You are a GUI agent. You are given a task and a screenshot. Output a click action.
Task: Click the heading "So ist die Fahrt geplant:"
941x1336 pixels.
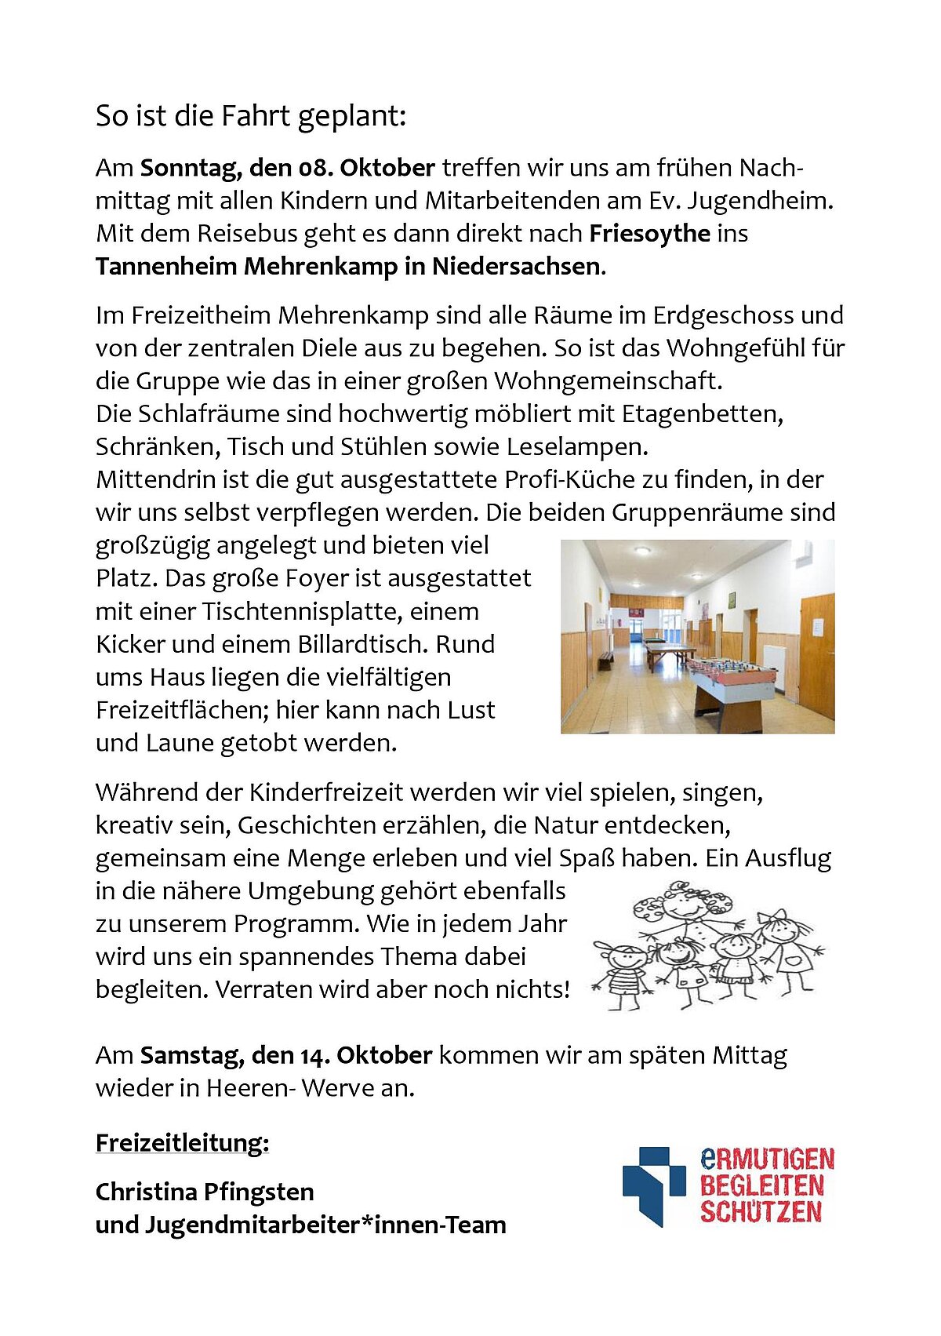(x=251, y=116)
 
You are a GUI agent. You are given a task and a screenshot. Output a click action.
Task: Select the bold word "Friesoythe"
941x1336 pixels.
(x=649, y=234)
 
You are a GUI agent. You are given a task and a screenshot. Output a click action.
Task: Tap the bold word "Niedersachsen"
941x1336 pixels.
(x=515, y=267)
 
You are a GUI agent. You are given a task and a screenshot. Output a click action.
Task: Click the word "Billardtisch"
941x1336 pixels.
(x=362, y=644)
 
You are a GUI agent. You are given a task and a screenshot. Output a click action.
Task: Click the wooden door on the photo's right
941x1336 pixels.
(x=816, y=655)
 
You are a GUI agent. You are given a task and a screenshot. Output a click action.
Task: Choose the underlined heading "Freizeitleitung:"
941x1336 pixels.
(x=182, y=1143)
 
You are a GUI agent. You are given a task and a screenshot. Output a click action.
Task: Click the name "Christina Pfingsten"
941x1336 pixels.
(x=205, y=1192)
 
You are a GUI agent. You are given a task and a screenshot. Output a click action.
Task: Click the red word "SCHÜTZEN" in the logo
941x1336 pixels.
(x=761, y=1212)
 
